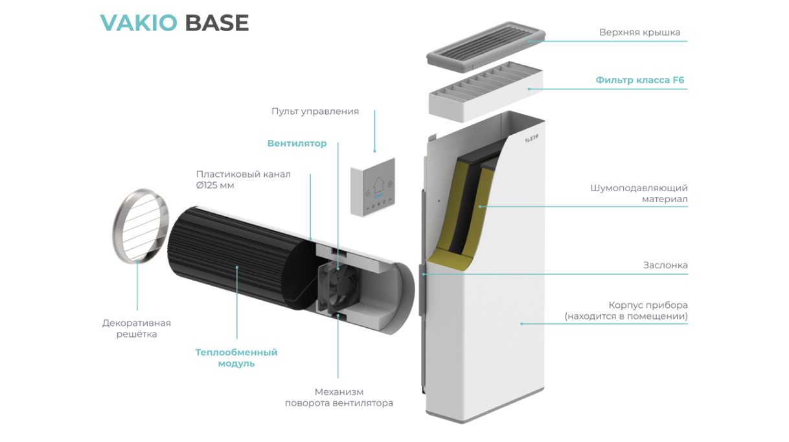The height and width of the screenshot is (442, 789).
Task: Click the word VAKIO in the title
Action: (139, 23)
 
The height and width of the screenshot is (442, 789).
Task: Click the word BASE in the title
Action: (217, 23)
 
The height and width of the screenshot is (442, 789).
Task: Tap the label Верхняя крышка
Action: (639, 32)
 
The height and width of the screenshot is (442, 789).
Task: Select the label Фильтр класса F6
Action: (639, 80)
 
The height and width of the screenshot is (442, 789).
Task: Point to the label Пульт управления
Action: (315, 111)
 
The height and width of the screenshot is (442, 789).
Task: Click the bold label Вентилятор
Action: (297, 143)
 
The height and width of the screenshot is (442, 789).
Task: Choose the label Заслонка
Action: (665, 265)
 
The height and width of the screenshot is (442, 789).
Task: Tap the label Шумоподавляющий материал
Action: (639, 194)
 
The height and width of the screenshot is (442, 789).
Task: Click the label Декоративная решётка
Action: (137, 329)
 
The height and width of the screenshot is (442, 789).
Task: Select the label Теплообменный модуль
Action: (236, 358)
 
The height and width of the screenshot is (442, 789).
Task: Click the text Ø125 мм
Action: (215, 185)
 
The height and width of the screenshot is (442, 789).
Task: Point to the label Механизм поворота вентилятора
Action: (339, 397)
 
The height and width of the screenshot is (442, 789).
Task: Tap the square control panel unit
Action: (372, 187)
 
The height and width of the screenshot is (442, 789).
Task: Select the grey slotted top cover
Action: (486, 46)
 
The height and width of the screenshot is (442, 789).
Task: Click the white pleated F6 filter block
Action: (486, 92)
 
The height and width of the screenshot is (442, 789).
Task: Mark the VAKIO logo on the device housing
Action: (532, 138)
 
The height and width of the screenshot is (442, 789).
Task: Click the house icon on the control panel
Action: (379, 185)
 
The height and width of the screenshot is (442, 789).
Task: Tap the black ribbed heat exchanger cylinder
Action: (240, 257)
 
